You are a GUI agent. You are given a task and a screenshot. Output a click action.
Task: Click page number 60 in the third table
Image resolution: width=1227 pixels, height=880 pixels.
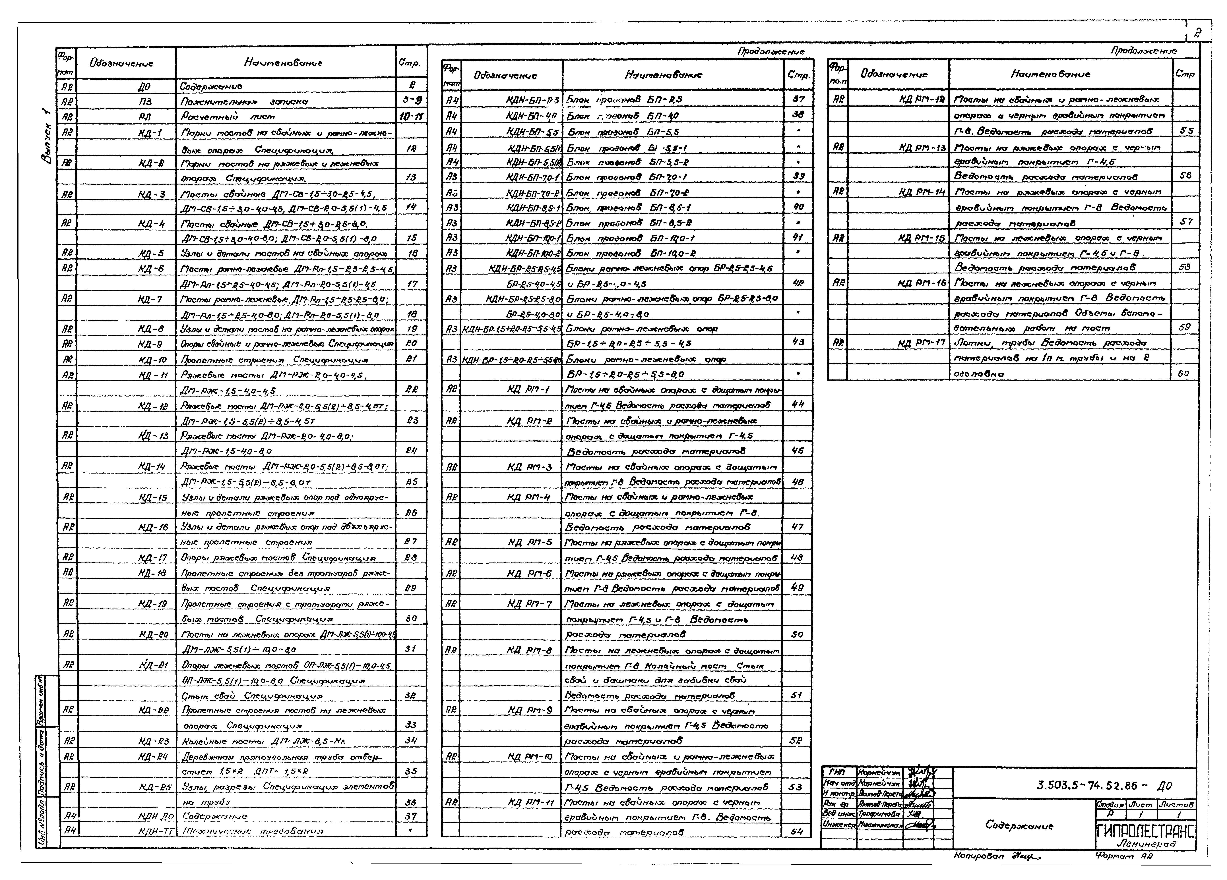[x=1184, y=373]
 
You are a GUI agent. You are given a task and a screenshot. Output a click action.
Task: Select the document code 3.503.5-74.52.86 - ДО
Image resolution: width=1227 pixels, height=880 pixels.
[x=1104, y=785]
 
